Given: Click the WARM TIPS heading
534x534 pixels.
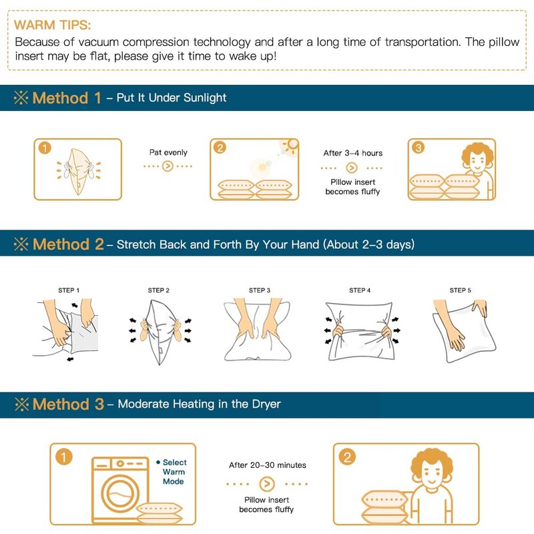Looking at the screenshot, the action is click(x=53, y=25).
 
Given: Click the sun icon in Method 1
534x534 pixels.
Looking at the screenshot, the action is click(x=291, y=146).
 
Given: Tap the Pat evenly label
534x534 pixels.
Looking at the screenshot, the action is click(x=168, y=152).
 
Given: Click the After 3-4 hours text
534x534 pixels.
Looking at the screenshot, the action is click(x=353, y=153).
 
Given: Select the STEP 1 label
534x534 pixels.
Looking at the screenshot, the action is click(x=69, y=290).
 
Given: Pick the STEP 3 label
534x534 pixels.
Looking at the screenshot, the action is click(x=260, y=290).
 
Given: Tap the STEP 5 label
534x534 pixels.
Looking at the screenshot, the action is click(x=460, y=290).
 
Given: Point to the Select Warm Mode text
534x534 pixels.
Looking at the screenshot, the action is click(x=172, y=472).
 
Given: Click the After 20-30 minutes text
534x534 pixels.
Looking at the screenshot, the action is click(x=268, y=465).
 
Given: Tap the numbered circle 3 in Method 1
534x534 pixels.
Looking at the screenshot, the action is click(x=419, y=148).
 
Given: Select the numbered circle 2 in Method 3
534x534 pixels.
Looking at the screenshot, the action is click(x=347, y=457).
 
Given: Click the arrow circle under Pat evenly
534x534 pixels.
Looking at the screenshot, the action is click(x=168, y=166).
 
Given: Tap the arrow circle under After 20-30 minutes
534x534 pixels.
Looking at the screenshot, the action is click(x=267, y=483).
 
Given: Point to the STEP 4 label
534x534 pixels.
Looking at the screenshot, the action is click(x=360, y=290).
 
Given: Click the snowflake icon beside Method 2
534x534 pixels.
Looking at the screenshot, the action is click(x=21, y=244).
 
